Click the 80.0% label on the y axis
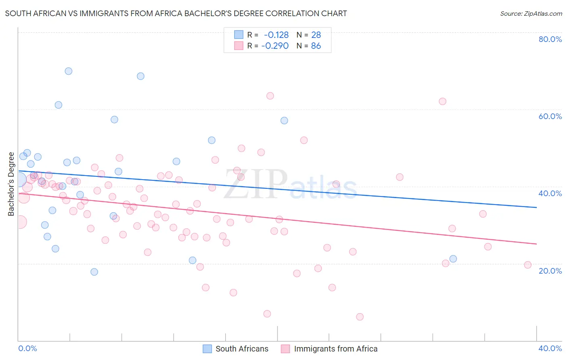click(x=550, y=39)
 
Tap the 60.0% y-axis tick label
click(x=550, y=116)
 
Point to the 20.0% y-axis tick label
click(x=550, y=271)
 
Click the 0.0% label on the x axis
click(x=27, y=348)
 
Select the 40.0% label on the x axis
click(x=550, y=348)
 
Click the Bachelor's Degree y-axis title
click(x=11, y=184)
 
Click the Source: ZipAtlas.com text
click(x=531, y=14)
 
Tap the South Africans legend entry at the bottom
click(x=236, y=349)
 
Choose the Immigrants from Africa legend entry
click(x=329, y=349)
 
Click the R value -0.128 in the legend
click(x=276, y=35)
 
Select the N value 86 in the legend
click(x=316, y=46)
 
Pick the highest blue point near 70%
click(x=69, y=71)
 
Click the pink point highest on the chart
click(x=270, y=96)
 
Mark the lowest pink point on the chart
click(x=360, y=317)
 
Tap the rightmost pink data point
click(x=527, y=265)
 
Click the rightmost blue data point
click(x=453, y=259)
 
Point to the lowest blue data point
click(x=94, y=272)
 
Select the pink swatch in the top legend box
click(x=239, y=46)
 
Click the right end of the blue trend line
click(x=536, y=207)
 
